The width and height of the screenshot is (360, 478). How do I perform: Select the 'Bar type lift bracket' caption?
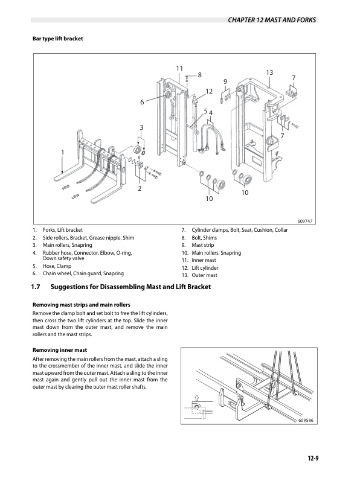pyautogui.click(x=57, y=39)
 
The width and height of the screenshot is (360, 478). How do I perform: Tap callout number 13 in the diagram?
pyautogui.click(x=269, y=73)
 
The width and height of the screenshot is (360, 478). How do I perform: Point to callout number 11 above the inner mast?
pyautogui.click(x=180, y=68)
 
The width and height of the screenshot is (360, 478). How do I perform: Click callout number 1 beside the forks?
pyautogui.click(x=62, y=151)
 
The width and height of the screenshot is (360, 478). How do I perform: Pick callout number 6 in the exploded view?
pyautogui.click(x=143, y=102)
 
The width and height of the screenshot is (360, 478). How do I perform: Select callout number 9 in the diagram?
pyautogui.click(x=225, y=81)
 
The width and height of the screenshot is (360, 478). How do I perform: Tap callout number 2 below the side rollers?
pyautogui.click(x=140, y=189)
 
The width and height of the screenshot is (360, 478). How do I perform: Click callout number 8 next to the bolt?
pyautogui.click(x=199, y=74)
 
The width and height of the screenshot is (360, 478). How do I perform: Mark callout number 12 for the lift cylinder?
pyautogui.click(x=209, y=91)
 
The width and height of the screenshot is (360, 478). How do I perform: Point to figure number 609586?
pyautogui.click(x=307, y=420)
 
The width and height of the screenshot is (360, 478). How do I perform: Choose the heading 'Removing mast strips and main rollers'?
pyautogui.click(x=81, y=304)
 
